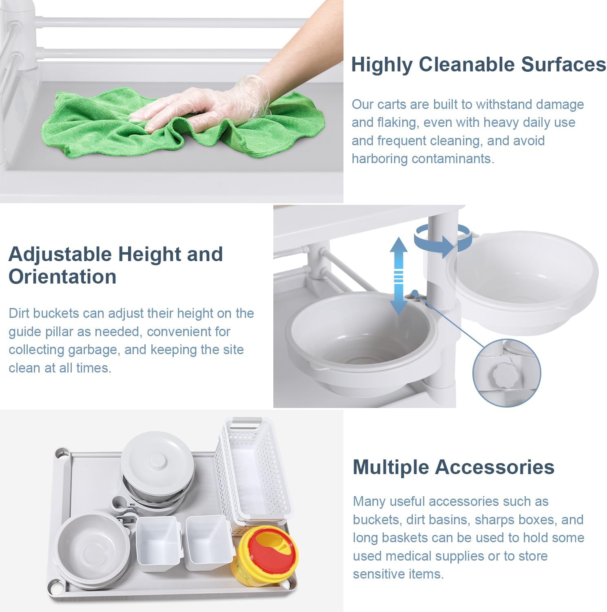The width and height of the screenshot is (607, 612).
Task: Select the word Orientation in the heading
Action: click(x=62, y=276)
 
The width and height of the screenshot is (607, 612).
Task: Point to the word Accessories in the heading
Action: click(x=495, y=467)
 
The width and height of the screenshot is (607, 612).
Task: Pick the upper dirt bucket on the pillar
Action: click(x=522, y=282)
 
